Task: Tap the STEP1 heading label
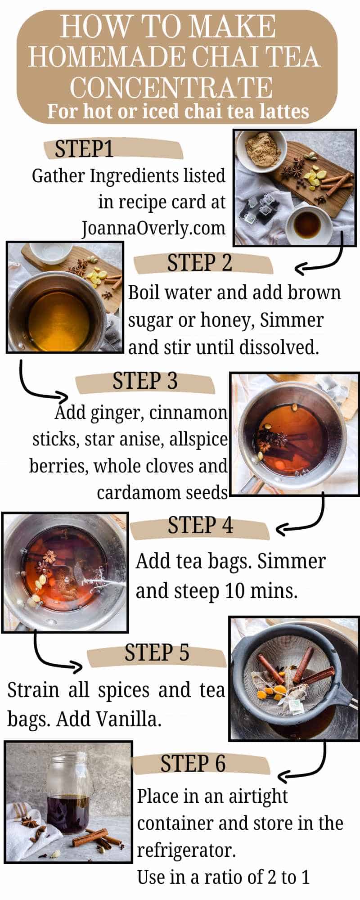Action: pyautogui.click(x=84, y=149)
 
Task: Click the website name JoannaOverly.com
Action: pyautogui.click(x=153, y=228)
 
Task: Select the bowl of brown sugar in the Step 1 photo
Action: pyautogui.click(x=260, y=148)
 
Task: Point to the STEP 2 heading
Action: pyautogui.click(x=199, y=263)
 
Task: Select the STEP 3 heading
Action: pyautogui.click(x=145, y=381)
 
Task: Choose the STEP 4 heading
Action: pyautogui.click(x=200, y=525)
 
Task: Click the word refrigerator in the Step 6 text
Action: pyautogui.click(x=186, y=850)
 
